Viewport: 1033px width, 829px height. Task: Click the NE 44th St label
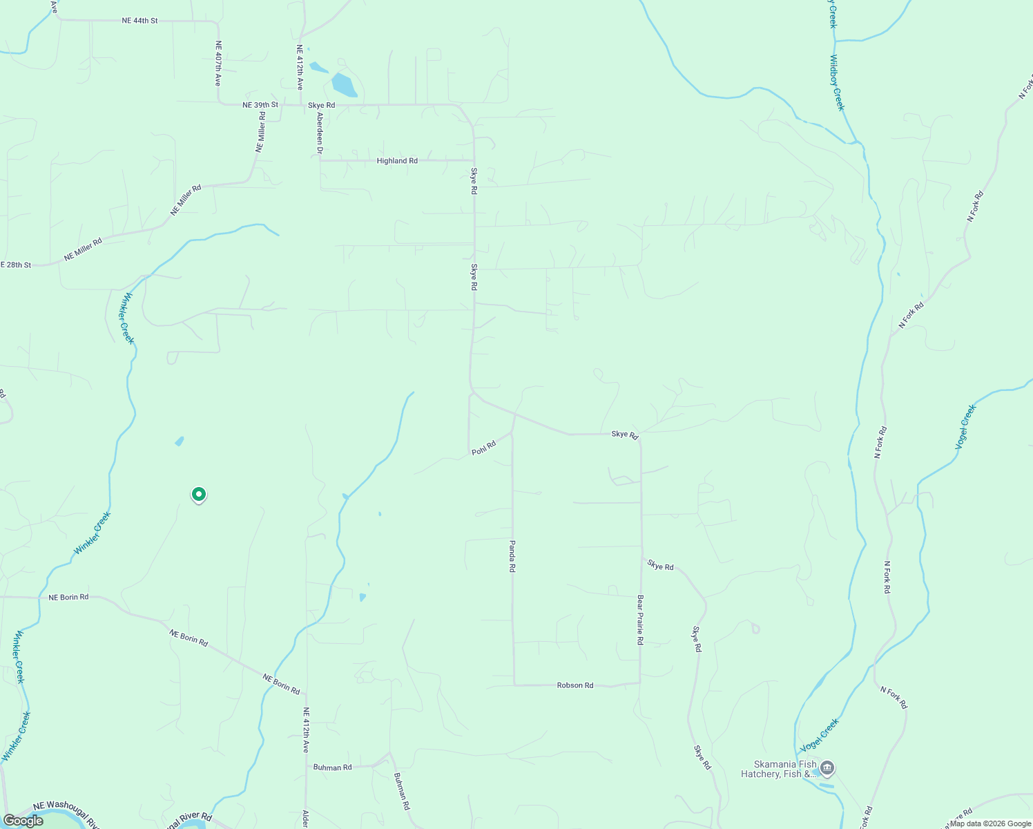pyautogui.click(x=139, y=21)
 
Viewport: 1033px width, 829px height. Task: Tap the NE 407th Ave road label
pyautogui.click(x=218, y=63)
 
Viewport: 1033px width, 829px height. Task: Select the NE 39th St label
pyautogui.click(x=260, y=105)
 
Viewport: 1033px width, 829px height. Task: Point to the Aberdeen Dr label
pyautogui.click(x=320, y=131)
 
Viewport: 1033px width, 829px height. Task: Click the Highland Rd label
pyautogui.click(x=397, y=161)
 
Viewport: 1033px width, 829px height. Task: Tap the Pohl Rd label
pyautogui.click(x=484, y=448)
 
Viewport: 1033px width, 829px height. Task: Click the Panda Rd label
pyautogui.click(x=512, y=556)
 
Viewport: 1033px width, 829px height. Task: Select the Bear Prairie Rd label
pyautogui.click(x=640, y=620)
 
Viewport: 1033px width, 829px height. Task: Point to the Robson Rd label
pyautogui.click(x=575, y=685)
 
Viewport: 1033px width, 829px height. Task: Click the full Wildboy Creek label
pyautogui.click(x=837, y=82)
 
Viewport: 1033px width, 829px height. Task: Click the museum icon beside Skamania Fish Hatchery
pyautogui.click(x=827, y=768)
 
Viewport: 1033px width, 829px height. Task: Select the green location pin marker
pyautogui.click(x=199, y=495)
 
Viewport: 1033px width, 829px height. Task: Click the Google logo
pyautogui.click(x=23, y=821)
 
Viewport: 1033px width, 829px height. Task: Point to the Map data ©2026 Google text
pyautogui.click(x=990, y=823)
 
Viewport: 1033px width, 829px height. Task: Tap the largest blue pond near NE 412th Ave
pyautogui.click(x=344, y=85)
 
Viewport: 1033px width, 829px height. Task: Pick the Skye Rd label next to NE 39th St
pyautogui.click(x=321, y=105)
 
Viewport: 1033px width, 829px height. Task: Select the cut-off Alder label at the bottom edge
pyautogui.click(x=305, y=819)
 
